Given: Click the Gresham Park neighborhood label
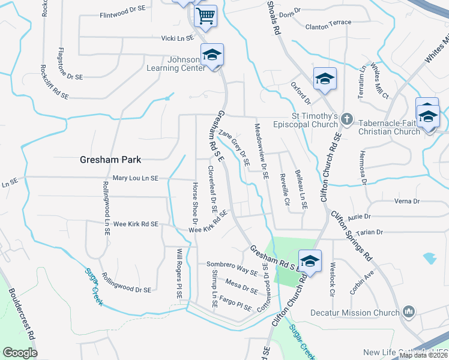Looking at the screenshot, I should click(111, 160).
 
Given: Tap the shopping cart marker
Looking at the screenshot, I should click(205, 16).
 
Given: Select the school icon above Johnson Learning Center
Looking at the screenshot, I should click(211, 55).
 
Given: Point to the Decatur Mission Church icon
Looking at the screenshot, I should click(409, 312).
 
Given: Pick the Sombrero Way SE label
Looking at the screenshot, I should click(232, 267).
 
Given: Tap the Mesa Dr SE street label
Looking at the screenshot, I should click(242, 286).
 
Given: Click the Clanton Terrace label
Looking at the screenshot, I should click(328, 26).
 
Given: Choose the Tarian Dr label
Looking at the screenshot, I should click(369, 232).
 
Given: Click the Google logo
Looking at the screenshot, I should click(20, 353).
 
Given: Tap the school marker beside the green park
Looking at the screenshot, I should click(310, 261).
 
